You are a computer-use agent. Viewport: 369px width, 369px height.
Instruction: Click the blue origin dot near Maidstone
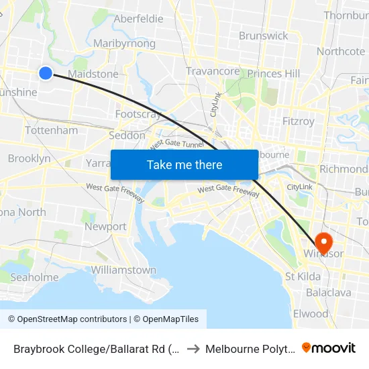click(45, 73)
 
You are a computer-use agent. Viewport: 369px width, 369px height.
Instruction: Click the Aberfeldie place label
click(138, 19)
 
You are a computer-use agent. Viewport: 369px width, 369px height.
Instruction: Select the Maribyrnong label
click(124, 44)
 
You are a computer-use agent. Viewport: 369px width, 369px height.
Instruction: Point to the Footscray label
click(138, 114)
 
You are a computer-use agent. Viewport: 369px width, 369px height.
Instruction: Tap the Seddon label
click(127, 135)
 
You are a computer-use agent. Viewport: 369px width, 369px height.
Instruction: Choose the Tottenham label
click(51, 130)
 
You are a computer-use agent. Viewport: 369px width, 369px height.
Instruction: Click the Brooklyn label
click(29, 159)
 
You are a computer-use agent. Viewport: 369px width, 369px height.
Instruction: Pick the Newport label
click(105, 227)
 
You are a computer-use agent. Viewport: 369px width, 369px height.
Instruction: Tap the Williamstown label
click(123, 270)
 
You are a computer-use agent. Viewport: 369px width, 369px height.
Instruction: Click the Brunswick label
click(263, 36)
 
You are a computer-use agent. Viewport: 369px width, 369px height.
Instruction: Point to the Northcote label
click(340, 51)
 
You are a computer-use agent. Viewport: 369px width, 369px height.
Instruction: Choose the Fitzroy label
click(298, 121)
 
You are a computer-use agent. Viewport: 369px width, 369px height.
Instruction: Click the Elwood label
click(311, 313)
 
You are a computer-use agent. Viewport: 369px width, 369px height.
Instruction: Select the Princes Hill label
click(273, 73)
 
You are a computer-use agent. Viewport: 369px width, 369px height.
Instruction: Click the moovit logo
click(329, 348)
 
